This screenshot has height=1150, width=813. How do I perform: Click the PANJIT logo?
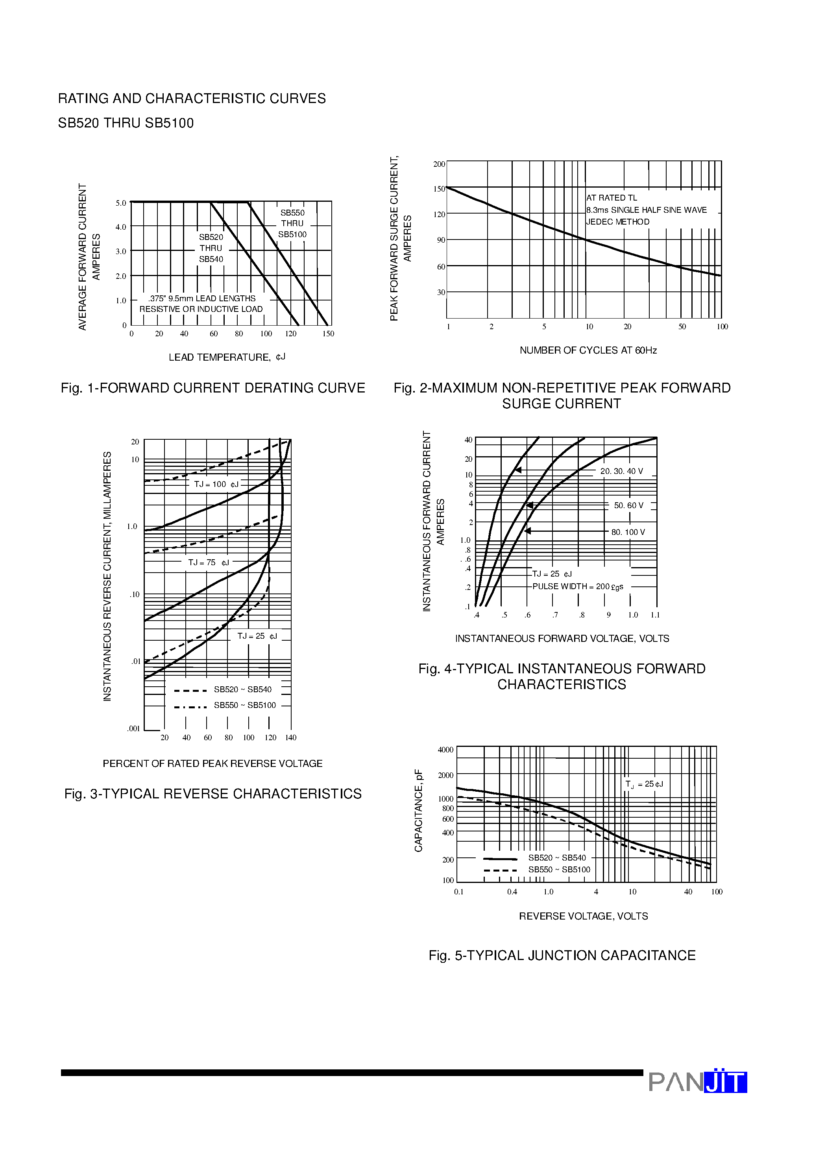pos(697,1082)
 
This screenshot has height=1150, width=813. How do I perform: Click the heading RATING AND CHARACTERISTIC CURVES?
pos(192,98)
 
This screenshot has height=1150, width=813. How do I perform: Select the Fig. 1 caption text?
pos(212,388)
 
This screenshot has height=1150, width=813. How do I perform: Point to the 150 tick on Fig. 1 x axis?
pos(328,334)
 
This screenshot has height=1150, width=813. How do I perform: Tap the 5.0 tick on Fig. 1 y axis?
pos(121,203)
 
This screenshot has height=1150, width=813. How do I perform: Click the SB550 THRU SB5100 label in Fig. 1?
pos(292,223)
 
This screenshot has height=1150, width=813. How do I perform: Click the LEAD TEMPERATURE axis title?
pos(227,357)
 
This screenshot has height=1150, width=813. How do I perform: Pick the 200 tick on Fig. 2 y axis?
pos(439,164)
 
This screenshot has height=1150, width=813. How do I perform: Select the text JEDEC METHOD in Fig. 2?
pos(618,222)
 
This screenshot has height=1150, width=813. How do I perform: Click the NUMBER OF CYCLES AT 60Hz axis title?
pos(588,350)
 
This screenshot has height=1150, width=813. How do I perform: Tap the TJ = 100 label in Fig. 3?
pos(216,484)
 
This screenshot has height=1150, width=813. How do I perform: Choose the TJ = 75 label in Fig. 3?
pos(208,562)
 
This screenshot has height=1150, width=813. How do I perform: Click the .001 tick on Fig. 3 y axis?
pos(133,729)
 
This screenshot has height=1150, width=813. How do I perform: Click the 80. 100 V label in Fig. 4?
pos(628,532)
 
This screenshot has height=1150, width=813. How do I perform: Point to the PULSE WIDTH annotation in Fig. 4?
pos(577,586)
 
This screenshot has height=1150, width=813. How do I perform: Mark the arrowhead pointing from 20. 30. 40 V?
pos(518,470)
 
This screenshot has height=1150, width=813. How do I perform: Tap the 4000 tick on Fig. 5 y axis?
pos(445,750)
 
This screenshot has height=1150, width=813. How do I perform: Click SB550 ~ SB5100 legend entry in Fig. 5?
pos(559,870)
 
